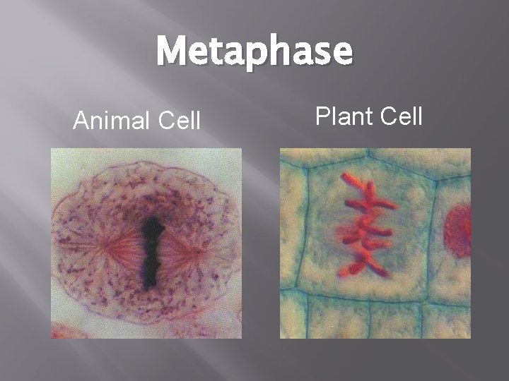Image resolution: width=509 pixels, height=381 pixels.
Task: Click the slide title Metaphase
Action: (x=254, y=53)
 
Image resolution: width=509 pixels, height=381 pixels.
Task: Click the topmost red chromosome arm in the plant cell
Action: (x=351, y=179)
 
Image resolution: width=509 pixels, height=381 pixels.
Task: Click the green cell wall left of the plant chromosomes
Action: (x=305, y=226)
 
